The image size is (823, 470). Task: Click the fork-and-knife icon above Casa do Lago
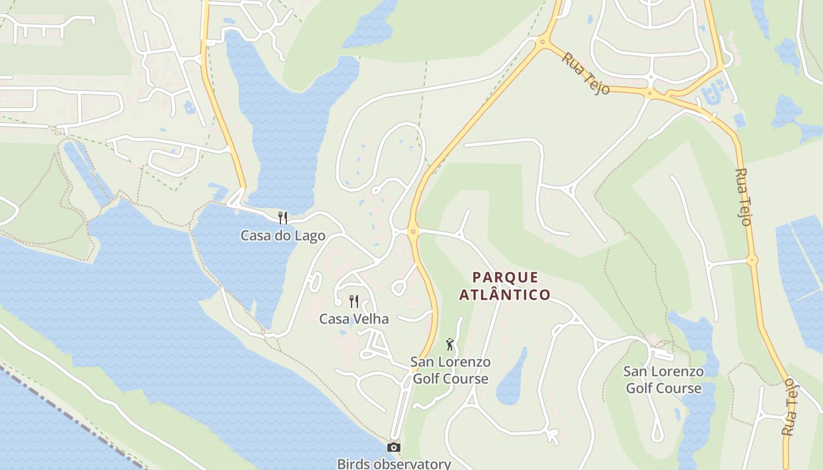283,218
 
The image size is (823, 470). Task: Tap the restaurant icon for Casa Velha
354,301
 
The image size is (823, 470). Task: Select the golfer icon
450,344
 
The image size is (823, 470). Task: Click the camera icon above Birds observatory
394,448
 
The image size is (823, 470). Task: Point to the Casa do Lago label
283,236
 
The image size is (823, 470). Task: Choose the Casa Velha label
354,319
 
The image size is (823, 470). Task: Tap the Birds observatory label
394,464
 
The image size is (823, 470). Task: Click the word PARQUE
505,277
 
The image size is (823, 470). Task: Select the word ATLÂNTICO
505,294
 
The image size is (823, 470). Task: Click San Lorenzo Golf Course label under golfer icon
450,370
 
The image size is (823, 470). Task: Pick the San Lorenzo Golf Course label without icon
663,380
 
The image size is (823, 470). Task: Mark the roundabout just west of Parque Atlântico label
413,231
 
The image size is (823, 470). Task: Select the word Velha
370,319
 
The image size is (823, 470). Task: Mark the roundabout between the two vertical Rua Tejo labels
752,260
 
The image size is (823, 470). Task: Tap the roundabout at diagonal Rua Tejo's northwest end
542,41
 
